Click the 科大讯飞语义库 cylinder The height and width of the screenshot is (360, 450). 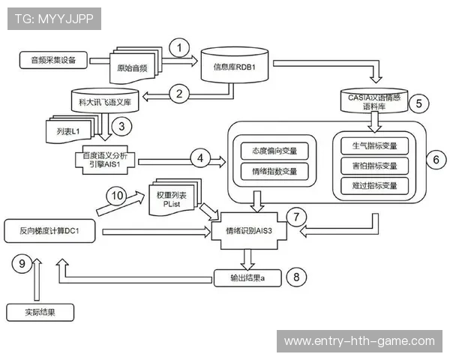[104, 101]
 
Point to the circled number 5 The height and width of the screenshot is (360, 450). [418, 103]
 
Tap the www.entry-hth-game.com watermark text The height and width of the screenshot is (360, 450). [359, 341]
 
